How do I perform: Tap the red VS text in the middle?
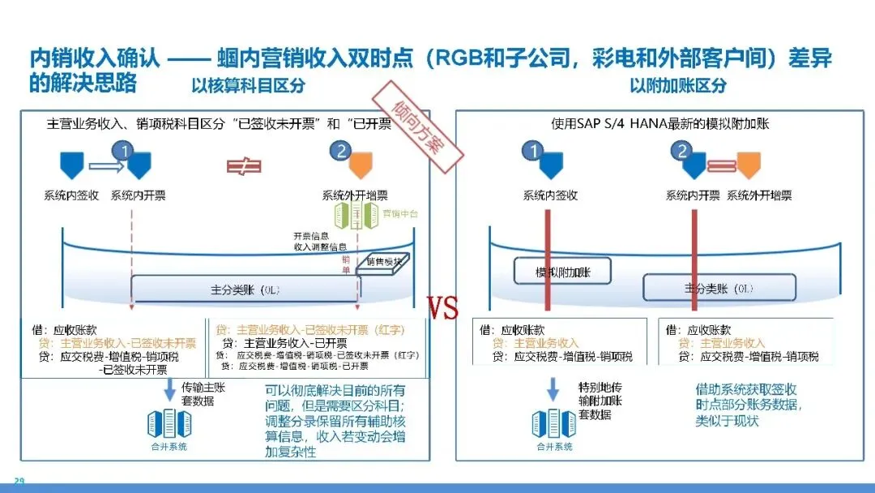(442, 308)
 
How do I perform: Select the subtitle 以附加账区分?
(678, 85)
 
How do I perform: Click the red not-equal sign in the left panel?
(243, 166)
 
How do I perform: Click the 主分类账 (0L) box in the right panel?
(719, 287)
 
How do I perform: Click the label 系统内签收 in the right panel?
(551, 195)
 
